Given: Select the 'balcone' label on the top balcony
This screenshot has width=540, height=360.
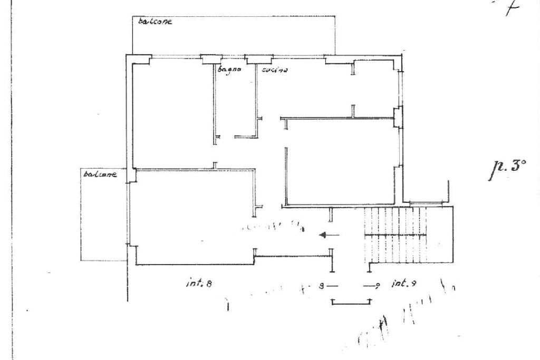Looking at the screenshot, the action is [x=155, y=22].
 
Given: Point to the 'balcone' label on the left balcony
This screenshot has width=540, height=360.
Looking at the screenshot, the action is [x=100, y=174].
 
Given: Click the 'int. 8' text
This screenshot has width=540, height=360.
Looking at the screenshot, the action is [x=199, y=283].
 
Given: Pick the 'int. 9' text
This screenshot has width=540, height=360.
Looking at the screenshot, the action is [x=404, y=284].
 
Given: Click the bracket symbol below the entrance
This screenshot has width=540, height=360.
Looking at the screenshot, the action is [x=351, y=301].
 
